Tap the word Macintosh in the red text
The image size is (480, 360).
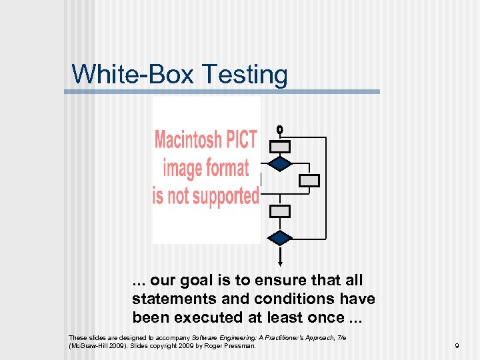pyautogui.click(x=187, y=140)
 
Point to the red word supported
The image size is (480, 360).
pyautogui.click(x=225, y=196)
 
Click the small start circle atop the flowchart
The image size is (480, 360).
pyautogui.click(x=280, y=129)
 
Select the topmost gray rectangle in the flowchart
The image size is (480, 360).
pyautogui.click(x=281, y=147)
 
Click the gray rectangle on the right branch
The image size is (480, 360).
pyautogui.click(x=309, y=180)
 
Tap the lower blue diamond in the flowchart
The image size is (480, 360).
pyautogui.click(x=281, y=237)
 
